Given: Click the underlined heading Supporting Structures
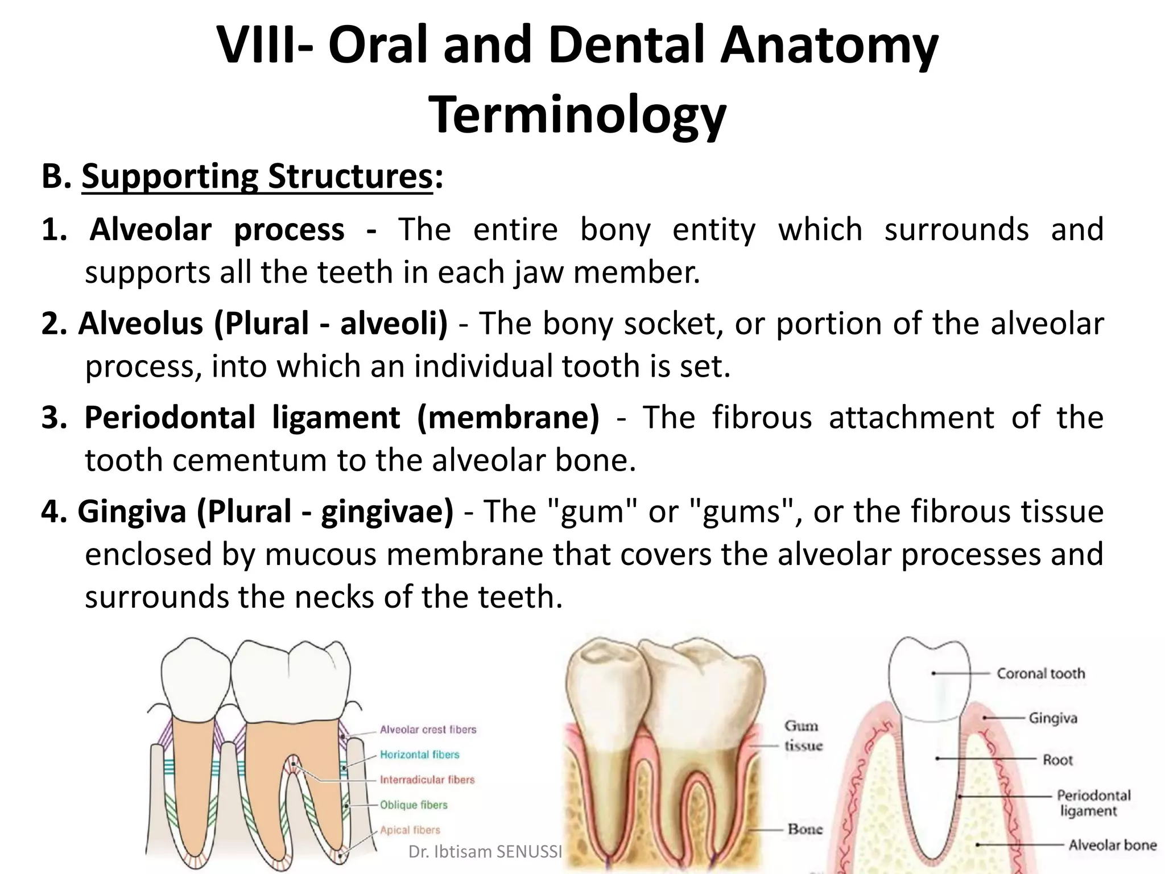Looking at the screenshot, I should click(x=257, y=177).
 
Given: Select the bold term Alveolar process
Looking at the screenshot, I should click(x=217, y=230).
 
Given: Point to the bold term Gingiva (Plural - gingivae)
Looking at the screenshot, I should click(x=265, y=512).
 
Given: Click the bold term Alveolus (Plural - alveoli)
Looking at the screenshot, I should click(x=262, y=324).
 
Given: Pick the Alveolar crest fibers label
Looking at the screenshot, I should click(x=428, y=729).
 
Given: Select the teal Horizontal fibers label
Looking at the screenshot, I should click(x=419, y=755).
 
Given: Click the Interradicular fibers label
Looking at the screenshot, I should click(x=427, y=780).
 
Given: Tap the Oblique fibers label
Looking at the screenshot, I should click(x=414, y=805).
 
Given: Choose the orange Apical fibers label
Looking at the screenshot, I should click(x=410, y=830).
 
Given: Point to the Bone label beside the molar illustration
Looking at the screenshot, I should click(x=805, y=829).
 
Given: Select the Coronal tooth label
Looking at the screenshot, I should click(x=1040, y=674).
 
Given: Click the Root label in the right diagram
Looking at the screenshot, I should click(x=1057, y=760).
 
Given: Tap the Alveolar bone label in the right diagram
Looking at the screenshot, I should click(x=1112, y=845).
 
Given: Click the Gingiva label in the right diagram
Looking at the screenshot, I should click(x=1052, y=718).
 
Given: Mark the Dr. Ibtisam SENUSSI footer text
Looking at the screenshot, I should click(x=485, y=852).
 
